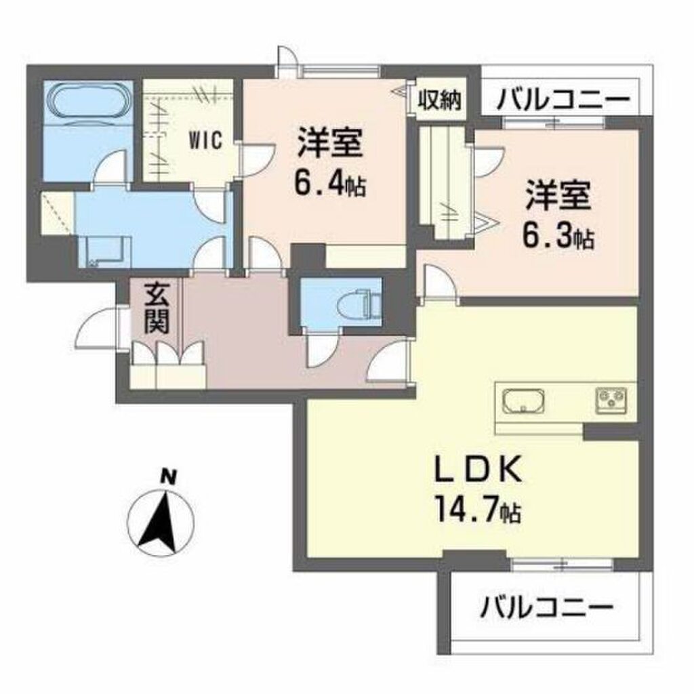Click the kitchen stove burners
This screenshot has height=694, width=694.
(613, 399)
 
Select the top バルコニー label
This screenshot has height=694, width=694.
(562, 102)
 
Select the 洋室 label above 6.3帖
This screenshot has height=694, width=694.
(557, 196)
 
